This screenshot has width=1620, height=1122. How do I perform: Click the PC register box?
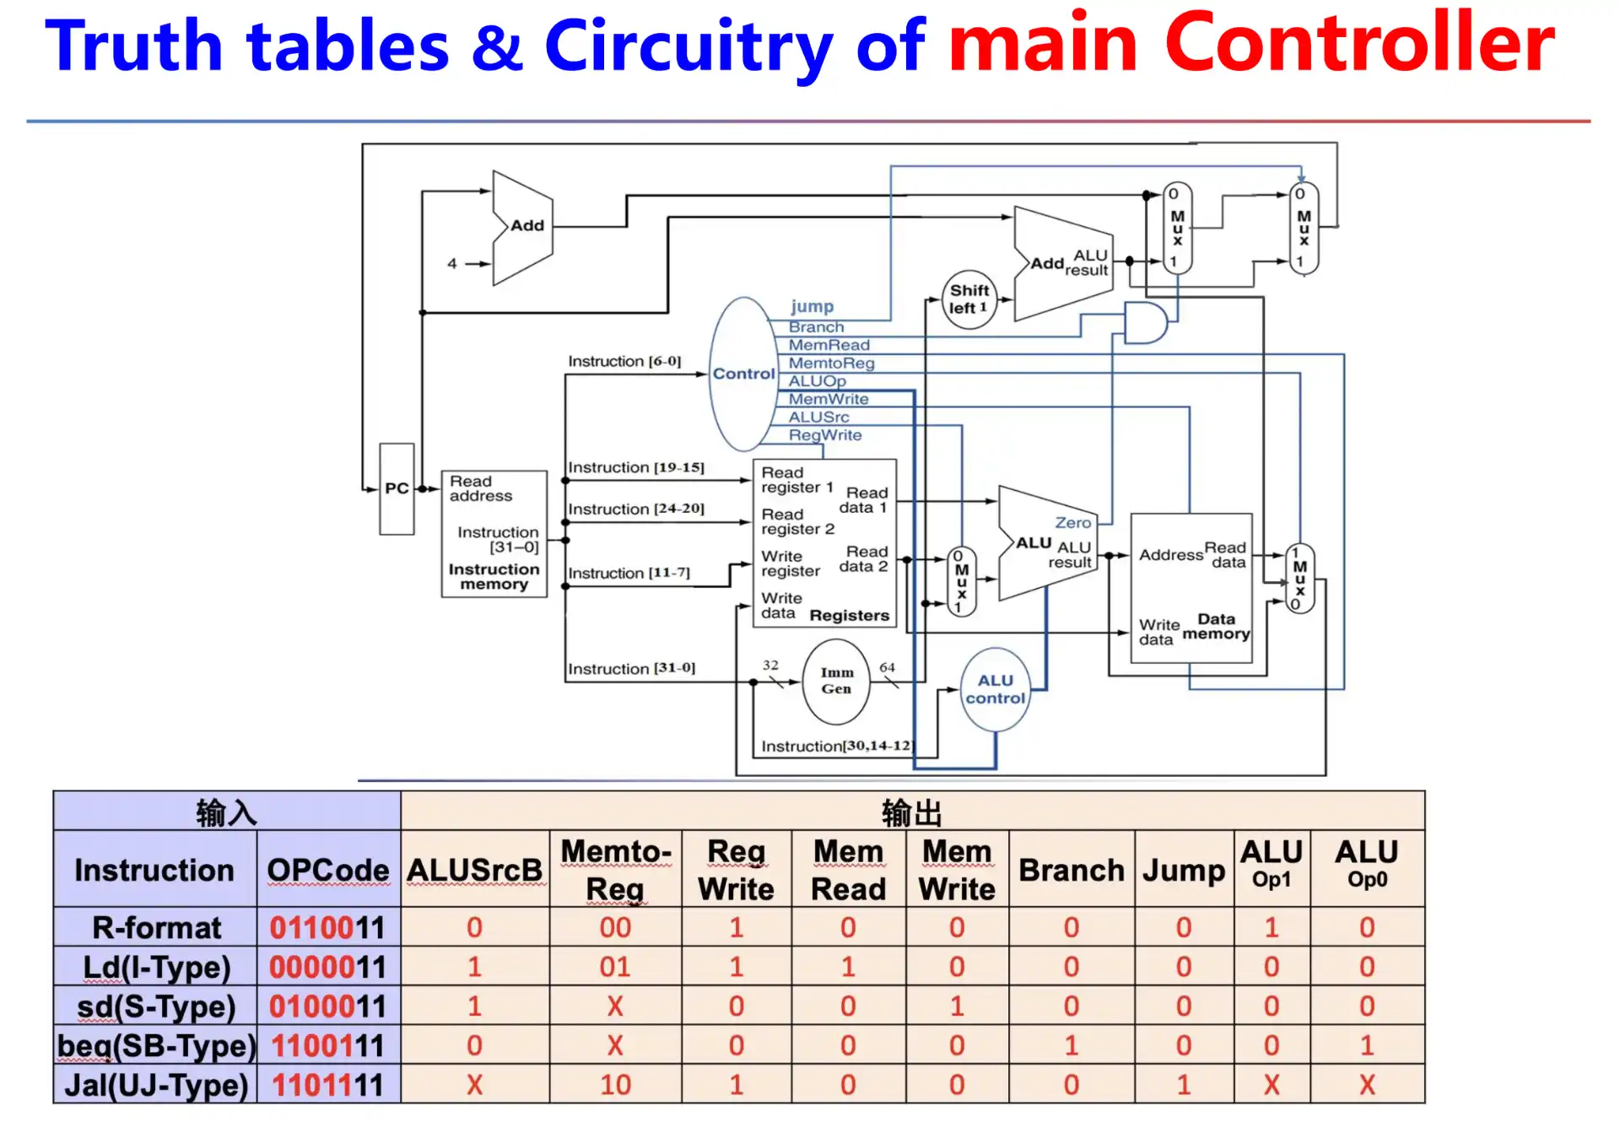point(396,488)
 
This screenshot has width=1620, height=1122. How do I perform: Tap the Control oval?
point(742,374)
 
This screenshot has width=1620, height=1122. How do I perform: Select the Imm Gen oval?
point(836,681)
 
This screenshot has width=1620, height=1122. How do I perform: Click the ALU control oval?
point(995,689)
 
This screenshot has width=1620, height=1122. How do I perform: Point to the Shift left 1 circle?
point(969,299)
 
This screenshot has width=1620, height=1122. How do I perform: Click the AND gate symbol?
point(1144,323)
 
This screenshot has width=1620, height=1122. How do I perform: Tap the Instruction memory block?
point(494,534)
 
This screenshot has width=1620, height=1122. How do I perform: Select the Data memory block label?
point(1216,626)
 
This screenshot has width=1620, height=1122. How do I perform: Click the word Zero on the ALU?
point(1072,522)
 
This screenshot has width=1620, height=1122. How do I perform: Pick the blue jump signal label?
point(812,306)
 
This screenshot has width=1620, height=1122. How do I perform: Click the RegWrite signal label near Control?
point(824,435)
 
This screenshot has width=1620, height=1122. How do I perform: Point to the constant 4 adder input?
point(452,263)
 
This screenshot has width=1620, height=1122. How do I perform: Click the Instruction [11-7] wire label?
point(629,573)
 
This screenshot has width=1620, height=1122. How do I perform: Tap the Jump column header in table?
point(1183,870)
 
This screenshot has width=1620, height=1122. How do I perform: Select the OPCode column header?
point(327,870)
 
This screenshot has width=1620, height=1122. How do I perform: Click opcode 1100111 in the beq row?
point(327,1046)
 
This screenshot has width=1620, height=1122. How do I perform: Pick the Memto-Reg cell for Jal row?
point(615,1085)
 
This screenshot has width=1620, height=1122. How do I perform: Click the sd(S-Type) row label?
point(156,1006)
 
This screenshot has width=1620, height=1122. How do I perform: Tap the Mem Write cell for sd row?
point(956,1006)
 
